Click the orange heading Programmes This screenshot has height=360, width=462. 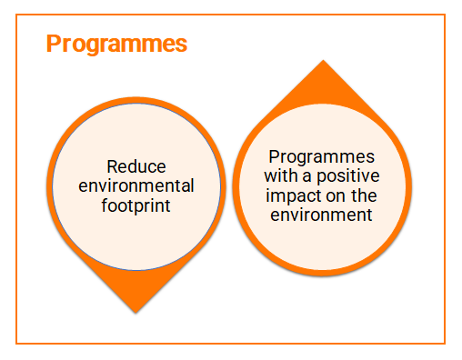(116, 45)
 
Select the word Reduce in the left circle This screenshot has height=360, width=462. (136, 166)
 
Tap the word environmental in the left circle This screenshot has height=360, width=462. (136, 185)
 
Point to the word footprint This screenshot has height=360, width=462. (136, 205)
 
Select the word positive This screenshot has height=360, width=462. (346, 175)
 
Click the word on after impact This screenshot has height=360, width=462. (330, 195)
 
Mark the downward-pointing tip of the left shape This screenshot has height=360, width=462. (136, 311)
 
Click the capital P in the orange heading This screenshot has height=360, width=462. (54, 45)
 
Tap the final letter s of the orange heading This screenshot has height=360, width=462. (182, 45)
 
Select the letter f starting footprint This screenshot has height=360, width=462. (105, 205)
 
